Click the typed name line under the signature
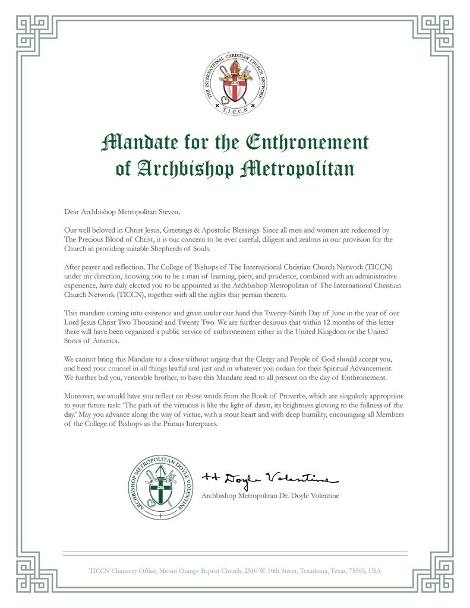270,496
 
